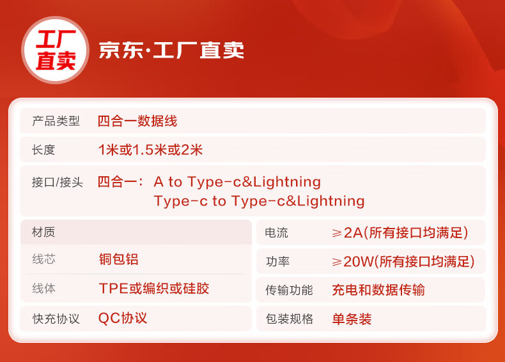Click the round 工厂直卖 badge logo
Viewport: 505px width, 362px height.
click(55, 50)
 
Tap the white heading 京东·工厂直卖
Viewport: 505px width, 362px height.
click(171, 50)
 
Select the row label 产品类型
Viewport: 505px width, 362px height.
click(56, 121)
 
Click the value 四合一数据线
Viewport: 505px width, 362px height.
click(137, 121)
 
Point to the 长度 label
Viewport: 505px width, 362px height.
click(43, 149)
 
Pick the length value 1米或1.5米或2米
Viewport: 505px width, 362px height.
click(150, 149)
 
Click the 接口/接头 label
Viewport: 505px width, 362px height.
click(58, 182)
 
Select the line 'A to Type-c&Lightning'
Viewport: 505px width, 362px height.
click(237, 182)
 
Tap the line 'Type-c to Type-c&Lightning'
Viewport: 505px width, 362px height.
click(260, 201)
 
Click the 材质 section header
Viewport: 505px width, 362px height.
click(43, 232)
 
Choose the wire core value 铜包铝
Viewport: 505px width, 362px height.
click(119, 259)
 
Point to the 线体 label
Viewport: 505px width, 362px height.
click(44, 288)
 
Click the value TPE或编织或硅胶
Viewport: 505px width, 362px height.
click(154, 289)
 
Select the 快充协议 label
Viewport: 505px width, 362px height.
click(56, 319)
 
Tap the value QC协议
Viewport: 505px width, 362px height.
click(123, 318)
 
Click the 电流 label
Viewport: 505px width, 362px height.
click(276, 232)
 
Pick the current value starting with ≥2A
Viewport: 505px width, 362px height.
click(400, 232)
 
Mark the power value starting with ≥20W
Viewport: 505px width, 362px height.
click(403, 261)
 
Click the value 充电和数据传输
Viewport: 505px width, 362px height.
click(378, 290)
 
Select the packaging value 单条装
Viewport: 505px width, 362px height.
click(352, 319)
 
